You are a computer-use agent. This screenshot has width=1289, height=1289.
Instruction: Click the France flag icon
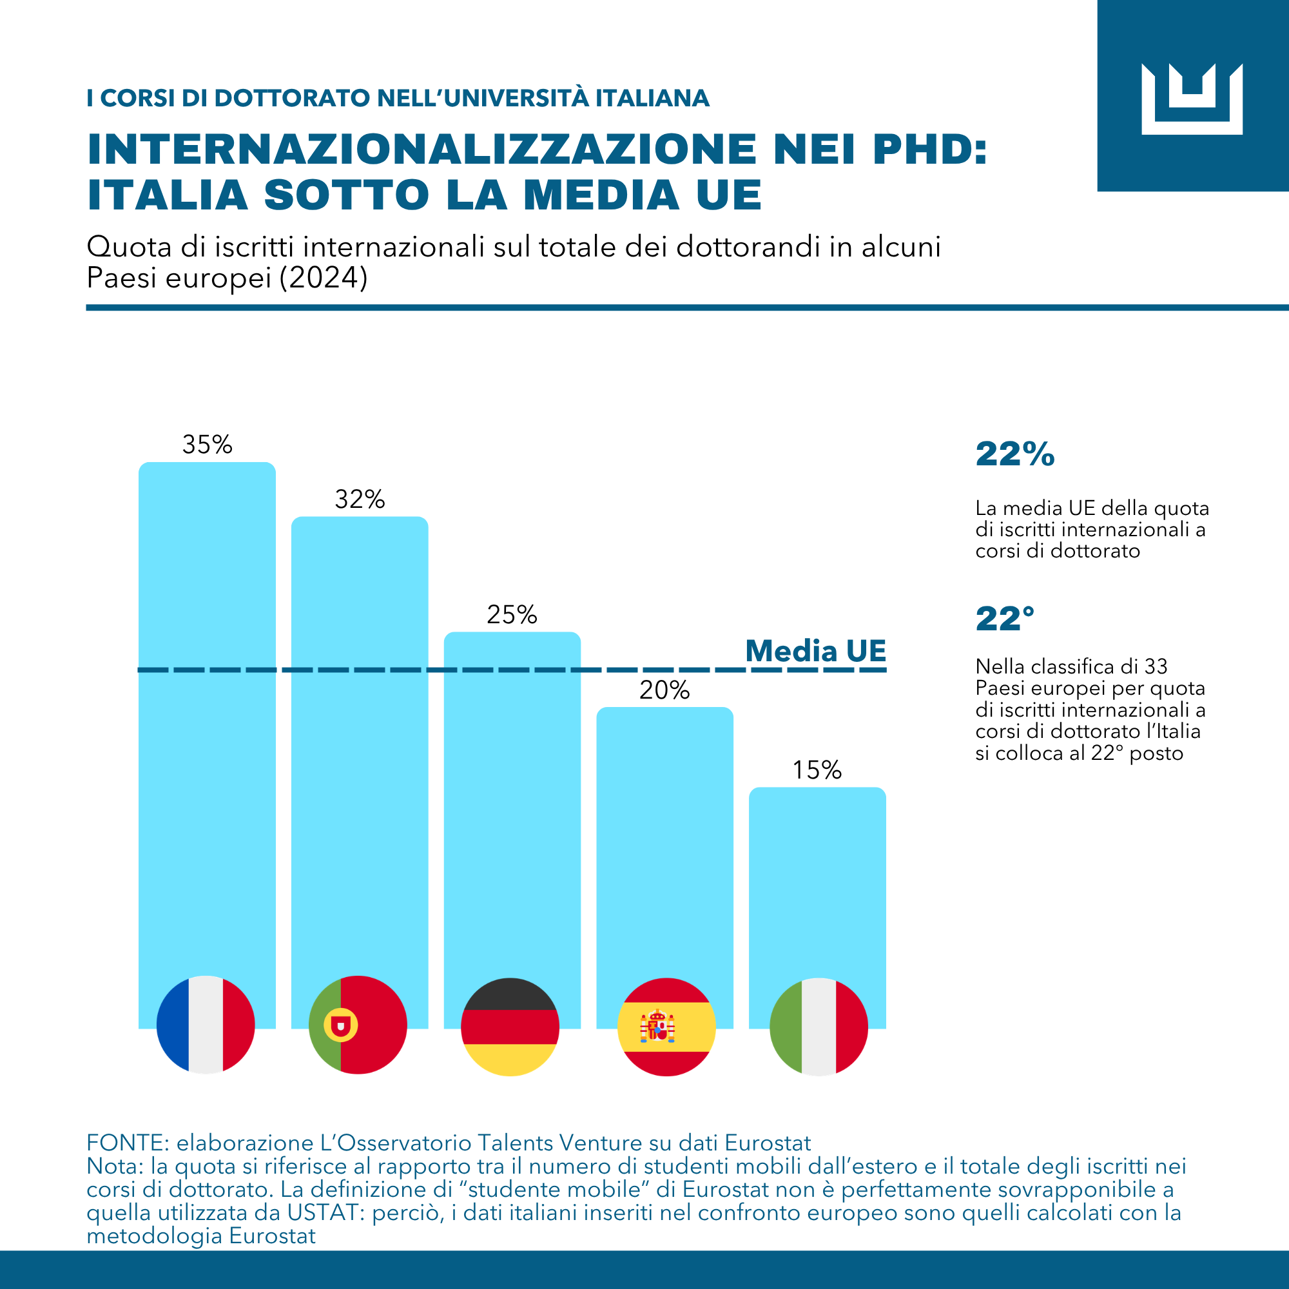tap(206, 1025)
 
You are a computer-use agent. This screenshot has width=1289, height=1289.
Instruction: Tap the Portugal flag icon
tap(358, 1025)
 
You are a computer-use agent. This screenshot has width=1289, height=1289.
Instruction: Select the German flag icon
tap(510, 1027)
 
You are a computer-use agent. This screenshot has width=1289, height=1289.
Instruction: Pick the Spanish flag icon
tap(666, 1027)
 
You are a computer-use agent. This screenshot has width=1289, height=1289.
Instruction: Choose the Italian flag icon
tap(819, 1027)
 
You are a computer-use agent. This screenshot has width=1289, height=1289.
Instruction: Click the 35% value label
tap(208, 444)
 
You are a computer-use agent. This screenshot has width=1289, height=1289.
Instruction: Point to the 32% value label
tap(360, 499)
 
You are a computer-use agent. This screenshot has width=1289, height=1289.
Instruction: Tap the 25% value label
tap(512, 614)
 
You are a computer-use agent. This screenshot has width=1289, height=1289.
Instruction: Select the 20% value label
tap(664, 690)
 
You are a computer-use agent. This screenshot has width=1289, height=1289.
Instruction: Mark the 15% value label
tap(817, 770)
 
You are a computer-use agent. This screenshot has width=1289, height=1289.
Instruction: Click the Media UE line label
tap(815, 650)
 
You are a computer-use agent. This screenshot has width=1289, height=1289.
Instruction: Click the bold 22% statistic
tap(1015, 454)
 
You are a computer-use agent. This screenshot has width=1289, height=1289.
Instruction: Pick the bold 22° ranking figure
tap(1005, 619)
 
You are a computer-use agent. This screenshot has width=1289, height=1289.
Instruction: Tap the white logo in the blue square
tap(1192, 99)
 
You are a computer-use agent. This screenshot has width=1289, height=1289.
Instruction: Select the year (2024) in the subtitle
tap(323, 278)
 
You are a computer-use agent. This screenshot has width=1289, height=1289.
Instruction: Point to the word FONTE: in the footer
tap(128, 1143)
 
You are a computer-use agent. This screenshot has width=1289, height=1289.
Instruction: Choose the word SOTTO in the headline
tap(346, 195)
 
